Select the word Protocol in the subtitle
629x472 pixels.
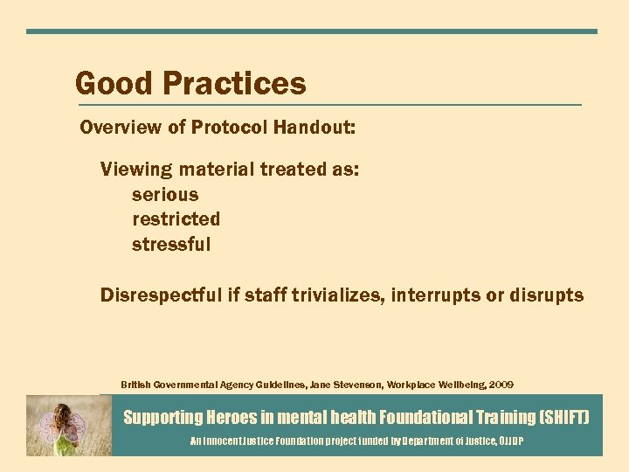click(x=230, y=128)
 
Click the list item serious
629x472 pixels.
click(x=165, y=194)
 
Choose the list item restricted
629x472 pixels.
click(x=176, y=219)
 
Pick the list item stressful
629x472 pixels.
click(x=171, y=244)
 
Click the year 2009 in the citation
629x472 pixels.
click(x=501, y=385)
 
